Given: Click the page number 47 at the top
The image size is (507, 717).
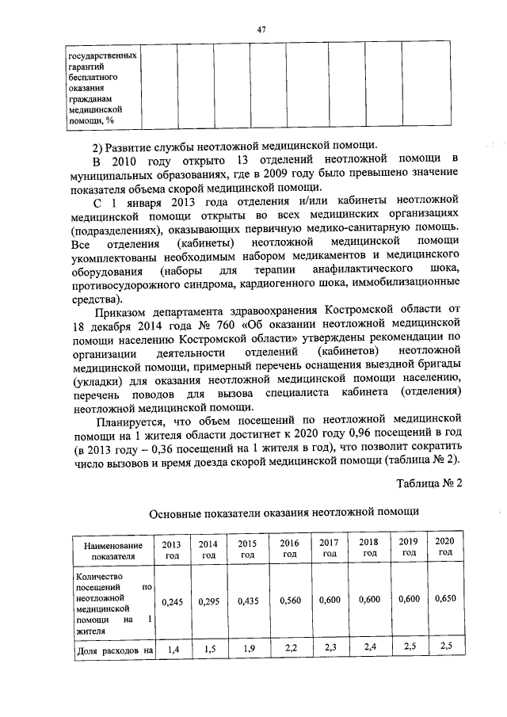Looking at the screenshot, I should (260, 29).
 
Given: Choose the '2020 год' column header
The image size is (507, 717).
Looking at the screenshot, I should (444, 546).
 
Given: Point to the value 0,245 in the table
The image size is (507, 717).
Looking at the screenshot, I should (172, 602).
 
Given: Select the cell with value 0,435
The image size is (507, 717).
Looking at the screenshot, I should (249, 602).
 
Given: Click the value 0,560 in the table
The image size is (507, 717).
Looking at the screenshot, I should (290, 602).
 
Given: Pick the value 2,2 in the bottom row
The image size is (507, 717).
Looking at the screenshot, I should (290, 649).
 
